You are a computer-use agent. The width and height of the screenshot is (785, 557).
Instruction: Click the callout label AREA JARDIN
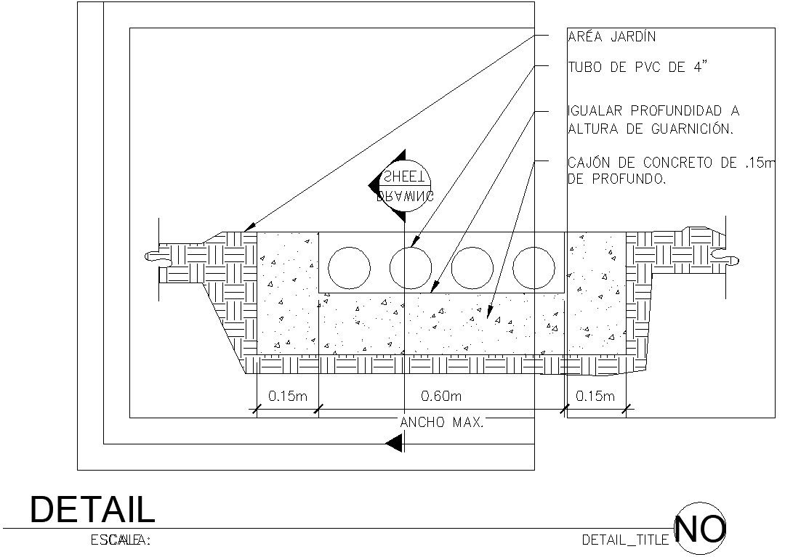(x=613, y=36)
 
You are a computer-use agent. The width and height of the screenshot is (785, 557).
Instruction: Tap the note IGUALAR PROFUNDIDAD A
(x=653, y=111)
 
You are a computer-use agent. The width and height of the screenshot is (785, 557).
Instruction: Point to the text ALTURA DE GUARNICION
(x=649, y=129)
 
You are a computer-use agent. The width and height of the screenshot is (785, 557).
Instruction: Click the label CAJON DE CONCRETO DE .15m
(x=672, y=163)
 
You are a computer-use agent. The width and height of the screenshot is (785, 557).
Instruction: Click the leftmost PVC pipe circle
(x=349, y=267)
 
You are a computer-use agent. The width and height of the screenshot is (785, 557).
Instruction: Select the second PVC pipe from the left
(x=411, y=267)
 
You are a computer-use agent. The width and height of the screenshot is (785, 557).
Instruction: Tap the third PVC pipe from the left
(x=472, y=267)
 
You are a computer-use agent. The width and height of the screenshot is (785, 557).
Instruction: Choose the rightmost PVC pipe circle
(x=534, y=267)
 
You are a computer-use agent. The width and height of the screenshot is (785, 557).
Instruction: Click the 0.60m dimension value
(x=442, y=396)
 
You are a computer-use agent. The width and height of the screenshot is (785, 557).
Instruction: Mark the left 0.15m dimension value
(x=287, y=396)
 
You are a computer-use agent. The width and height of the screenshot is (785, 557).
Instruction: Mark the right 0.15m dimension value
(x=595, y=396)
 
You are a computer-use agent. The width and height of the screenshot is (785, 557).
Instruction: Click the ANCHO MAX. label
(x=442, y=422)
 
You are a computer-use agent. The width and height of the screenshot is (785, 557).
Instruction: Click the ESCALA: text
(x=120, y=540)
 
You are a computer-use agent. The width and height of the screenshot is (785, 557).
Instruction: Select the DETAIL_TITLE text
(x=626, y=540)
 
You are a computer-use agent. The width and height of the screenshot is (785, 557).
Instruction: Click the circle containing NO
(x=701, y=529)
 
